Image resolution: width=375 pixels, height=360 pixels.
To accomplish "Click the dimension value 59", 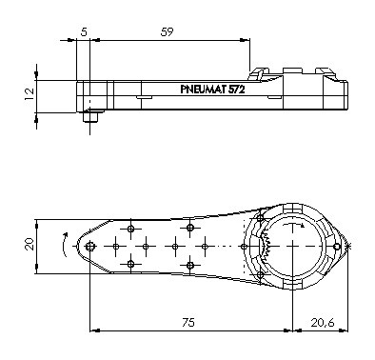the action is (167, 32).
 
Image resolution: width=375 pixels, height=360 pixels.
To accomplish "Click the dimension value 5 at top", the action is (84, 32).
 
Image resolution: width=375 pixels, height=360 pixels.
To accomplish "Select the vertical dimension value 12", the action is (30, 94).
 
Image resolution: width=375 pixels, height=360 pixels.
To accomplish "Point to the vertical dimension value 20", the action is (30, 245).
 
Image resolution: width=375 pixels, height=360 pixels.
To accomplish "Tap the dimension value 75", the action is (188, 323).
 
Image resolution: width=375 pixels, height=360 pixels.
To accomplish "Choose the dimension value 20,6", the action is (323, 323).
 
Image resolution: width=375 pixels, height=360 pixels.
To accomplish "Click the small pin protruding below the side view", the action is (90, 116).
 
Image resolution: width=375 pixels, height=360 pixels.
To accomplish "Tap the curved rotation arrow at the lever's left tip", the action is (64, 245).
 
